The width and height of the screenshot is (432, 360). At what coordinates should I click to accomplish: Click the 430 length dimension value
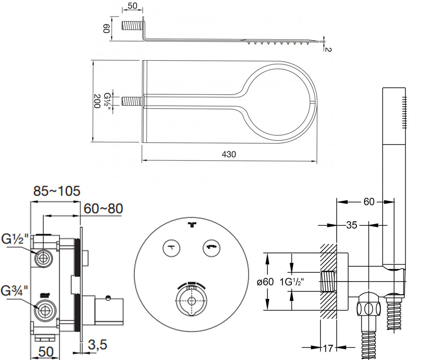[x=229, y=154]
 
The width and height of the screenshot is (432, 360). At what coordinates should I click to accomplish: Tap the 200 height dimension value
[x=97, y=101]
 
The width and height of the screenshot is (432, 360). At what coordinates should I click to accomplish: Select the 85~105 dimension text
[x=57, y=191]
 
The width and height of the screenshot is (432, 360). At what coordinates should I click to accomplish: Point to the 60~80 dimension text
[x=103, y=208]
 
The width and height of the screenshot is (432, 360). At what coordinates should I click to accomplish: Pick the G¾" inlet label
[x=14, y=291]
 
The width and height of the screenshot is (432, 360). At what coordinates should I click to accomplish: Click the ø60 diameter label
[x=265, y=282]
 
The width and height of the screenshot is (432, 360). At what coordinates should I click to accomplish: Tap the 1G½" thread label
[x=292, y=282]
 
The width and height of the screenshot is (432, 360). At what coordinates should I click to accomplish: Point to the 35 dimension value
[x=351, y=225]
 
